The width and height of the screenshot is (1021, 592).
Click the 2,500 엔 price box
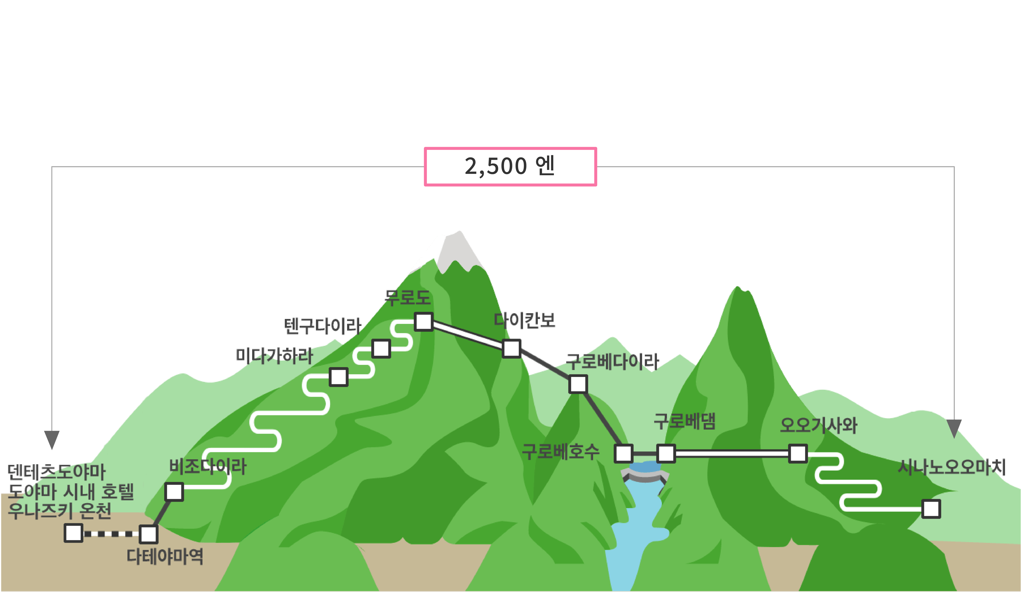(x=510, y=167)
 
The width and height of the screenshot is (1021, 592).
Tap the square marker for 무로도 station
(x=424, y=322)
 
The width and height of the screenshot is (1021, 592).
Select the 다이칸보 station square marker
(x=511, y=348)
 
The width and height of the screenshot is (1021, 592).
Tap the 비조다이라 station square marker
(x=174, y=492)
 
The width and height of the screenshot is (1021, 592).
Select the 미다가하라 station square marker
(x=338, y=377)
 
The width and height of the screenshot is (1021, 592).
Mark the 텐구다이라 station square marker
(x=381, y=348)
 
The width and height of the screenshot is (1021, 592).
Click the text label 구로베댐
(x=684, y=421)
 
